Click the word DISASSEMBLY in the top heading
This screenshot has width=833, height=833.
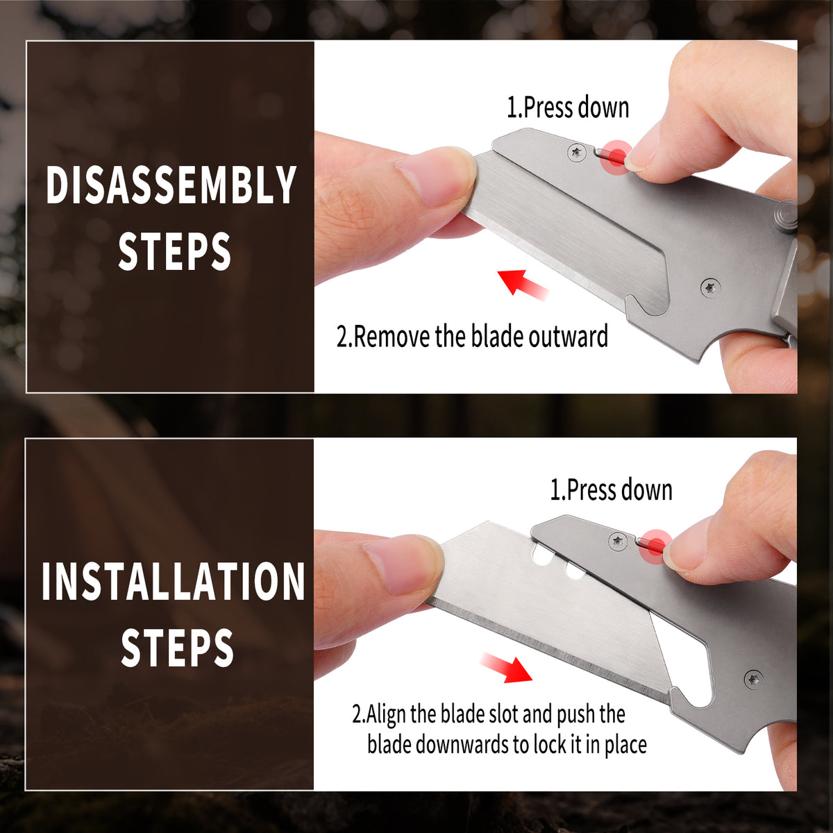171,185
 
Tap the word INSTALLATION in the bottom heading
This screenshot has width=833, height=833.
174,582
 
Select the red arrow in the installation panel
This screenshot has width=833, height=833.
507,668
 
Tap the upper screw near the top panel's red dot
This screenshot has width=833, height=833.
577,153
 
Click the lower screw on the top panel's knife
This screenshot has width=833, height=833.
711,287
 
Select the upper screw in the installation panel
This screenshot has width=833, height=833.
618,541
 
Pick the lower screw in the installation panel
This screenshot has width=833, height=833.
753,680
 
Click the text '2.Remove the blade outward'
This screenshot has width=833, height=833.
472,336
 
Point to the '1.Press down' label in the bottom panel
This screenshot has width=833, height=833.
611,490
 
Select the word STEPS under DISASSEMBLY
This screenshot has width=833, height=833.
174,251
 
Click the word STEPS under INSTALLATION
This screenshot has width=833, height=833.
177,648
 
